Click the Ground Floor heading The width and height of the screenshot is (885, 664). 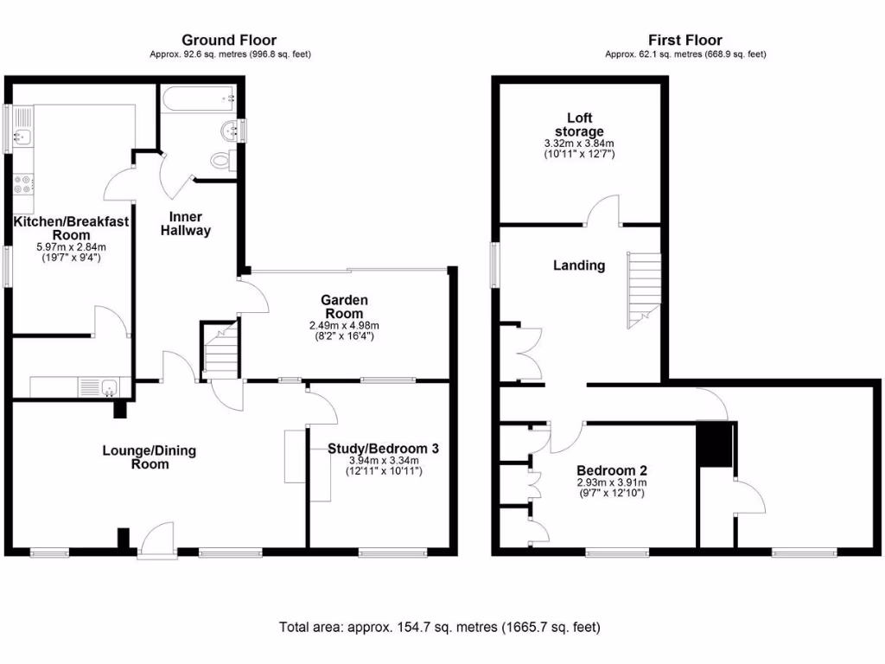[x=229, y=40]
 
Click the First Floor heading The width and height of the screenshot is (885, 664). [x=684, y=40]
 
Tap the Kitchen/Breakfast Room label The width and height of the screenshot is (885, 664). [x=70, y=227]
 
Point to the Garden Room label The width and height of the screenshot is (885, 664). [x=345, y=306]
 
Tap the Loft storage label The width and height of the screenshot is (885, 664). [x=579, y=124]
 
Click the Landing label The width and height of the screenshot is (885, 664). [x=578, y=265]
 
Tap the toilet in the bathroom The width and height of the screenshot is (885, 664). [x=222, y=160]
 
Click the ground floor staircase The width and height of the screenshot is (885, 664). [x=220, y=350]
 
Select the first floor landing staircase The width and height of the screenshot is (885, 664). [x=643, y=289]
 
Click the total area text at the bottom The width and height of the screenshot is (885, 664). [x=439, y=627]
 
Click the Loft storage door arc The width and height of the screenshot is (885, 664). [x=604, y=210]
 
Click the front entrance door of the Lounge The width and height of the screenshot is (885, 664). [x=156, y=539]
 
